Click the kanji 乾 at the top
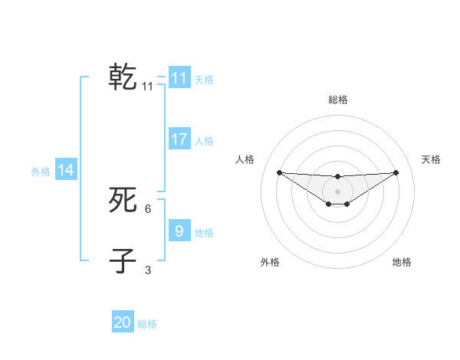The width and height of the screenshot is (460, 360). tap(123, 78)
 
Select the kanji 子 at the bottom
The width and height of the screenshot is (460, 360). tap(123, 261)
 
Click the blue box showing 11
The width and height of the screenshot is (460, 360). tap(179, 78)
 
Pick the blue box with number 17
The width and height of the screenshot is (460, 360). tap(179, 139)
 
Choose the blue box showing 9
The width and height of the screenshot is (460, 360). tap(179, 231)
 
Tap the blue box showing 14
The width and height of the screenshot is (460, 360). tap(66, 170)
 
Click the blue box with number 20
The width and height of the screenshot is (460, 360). tap(123, 322)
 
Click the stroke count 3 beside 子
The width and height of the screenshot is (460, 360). tap(148, 270)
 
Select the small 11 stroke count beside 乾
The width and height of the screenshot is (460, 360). tap(148, 87)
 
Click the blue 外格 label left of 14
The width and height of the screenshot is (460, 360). tap(41, 172)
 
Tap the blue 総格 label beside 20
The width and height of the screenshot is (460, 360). tap(147, 324)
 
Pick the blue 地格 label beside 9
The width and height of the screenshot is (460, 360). tap(204, 233)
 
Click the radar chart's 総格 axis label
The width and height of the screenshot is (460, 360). tap(338, 100)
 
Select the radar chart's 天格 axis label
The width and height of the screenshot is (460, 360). tap(432, 159)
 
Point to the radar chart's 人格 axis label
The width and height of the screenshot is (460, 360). tap(245, 159)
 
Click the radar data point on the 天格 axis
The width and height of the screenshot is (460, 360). tap(396, 172)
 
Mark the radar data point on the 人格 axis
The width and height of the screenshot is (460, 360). tap(280, 172)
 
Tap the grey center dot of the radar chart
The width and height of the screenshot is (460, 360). tap(338, 191)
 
